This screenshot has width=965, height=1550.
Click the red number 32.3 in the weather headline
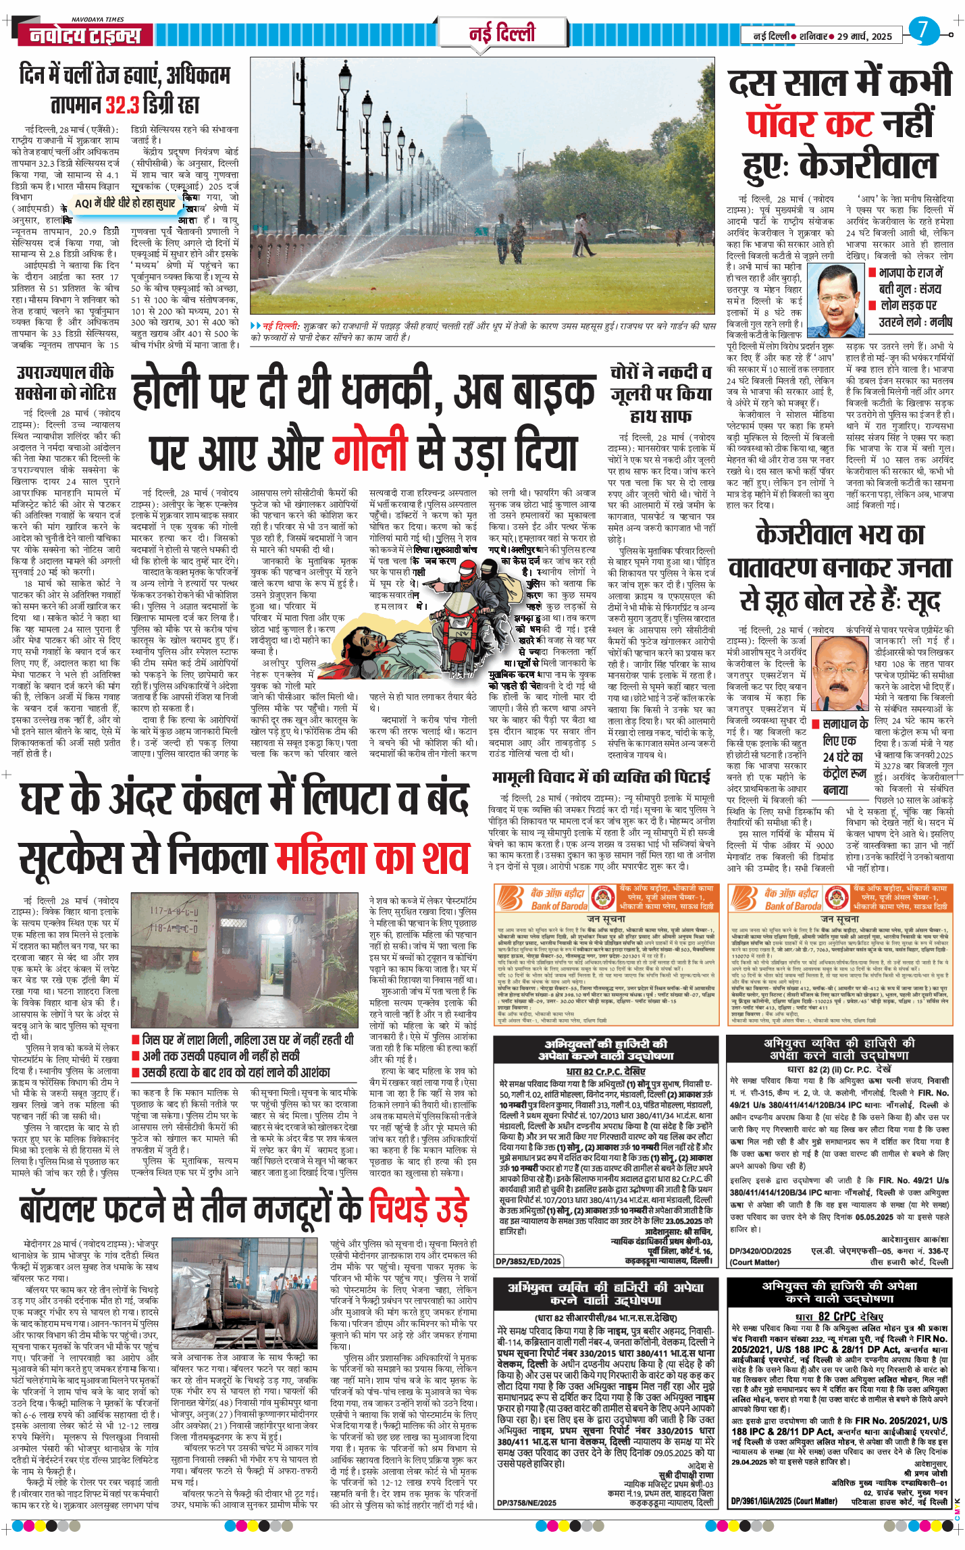[x=122, y=105]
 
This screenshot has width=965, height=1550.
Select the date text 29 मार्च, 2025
[x=864, y=36]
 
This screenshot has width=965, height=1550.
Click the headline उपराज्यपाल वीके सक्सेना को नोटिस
[x=66, y=382]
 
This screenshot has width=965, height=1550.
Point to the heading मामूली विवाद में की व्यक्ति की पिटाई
[x=600, y=777]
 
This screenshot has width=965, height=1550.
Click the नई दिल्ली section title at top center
[x=501, y=32]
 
